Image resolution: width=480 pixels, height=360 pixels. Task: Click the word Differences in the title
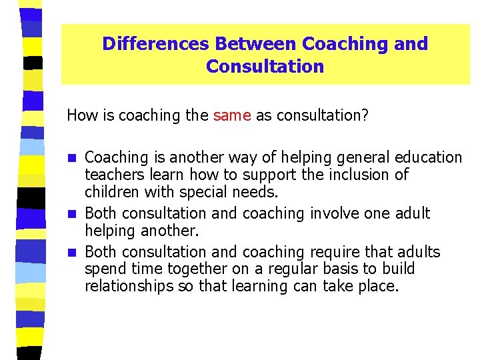(x=155, y=44)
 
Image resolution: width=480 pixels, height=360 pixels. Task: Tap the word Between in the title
(x=255, y=44)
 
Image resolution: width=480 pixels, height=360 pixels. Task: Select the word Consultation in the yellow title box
(x=265, y=67)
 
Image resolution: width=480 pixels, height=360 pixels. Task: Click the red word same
(x=232, y=115)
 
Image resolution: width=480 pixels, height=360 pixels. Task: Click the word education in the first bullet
(x=428, y=157)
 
